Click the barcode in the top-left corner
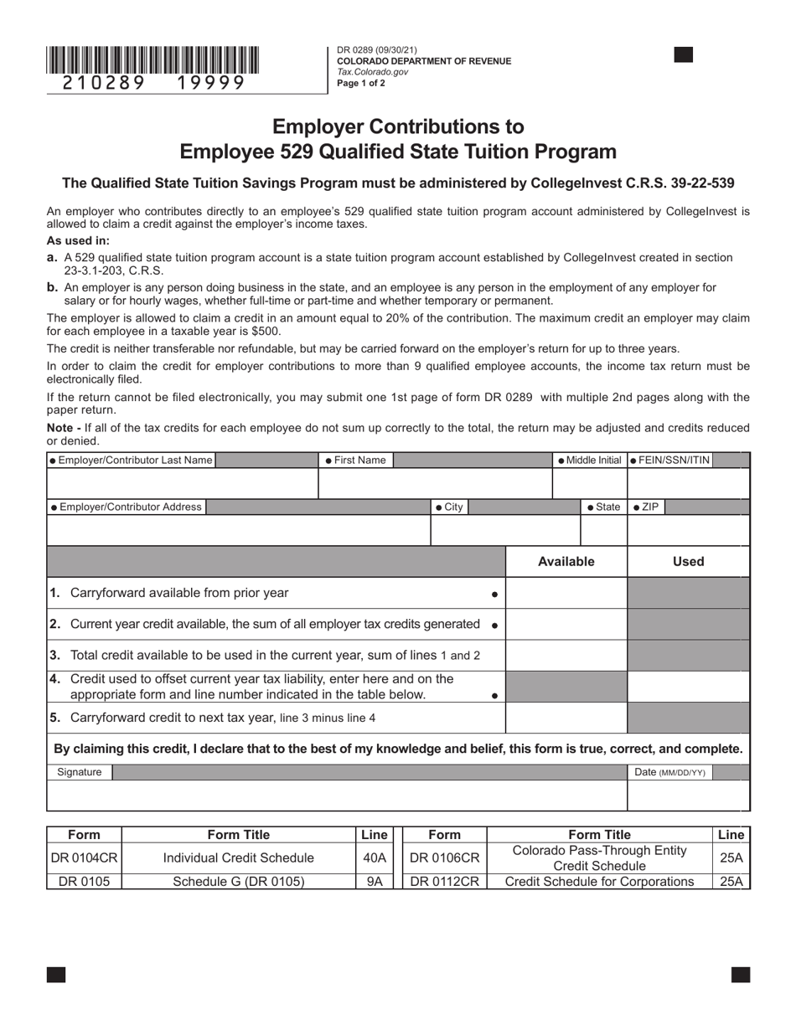(152, 60)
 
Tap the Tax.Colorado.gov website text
(372, 72)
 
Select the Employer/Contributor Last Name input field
(182, 484)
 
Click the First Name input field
(434, 484)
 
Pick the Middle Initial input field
(589, 484)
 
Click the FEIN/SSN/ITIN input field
(687, 484)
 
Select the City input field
(504, 531)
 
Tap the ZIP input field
(687, 531)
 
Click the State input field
(603, 531)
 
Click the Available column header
(566, 562)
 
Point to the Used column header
(688, 562)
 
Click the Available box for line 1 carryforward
(566, 593)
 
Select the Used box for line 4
(688, 687)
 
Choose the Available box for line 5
(566, 718)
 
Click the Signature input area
(336, 796)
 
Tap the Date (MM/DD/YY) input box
(688, 796)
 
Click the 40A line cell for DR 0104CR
(374, 858)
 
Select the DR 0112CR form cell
(444, 882)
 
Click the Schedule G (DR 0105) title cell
(239, 882)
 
